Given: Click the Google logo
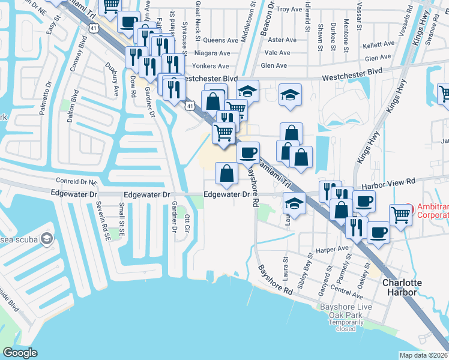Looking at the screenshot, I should tap(20, 352).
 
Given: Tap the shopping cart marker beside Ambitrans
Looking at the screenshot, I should tap(400, 214).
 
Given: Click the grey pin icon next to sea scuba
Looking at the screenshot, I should tap(46, 239).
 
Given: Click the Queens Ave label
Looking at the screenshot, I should tap(220, 40).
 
